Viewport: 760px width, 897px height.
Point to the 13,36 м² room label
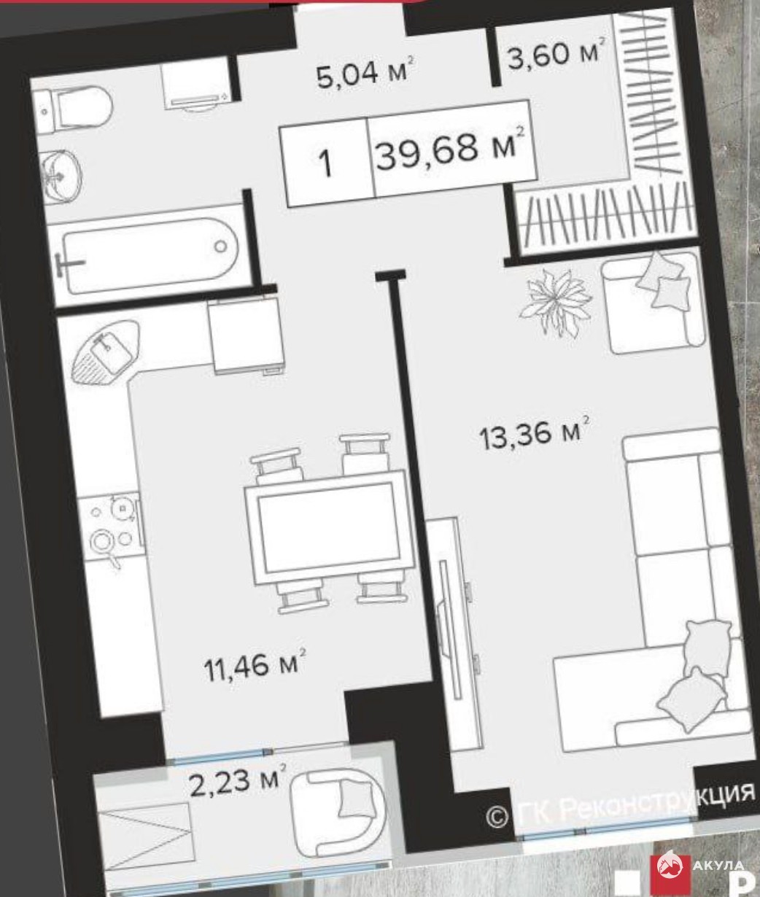[535, 433]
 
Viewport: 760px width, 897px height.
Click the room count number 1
[325, 163]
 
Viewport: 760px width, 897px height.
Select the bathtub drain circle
[220, 246]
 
